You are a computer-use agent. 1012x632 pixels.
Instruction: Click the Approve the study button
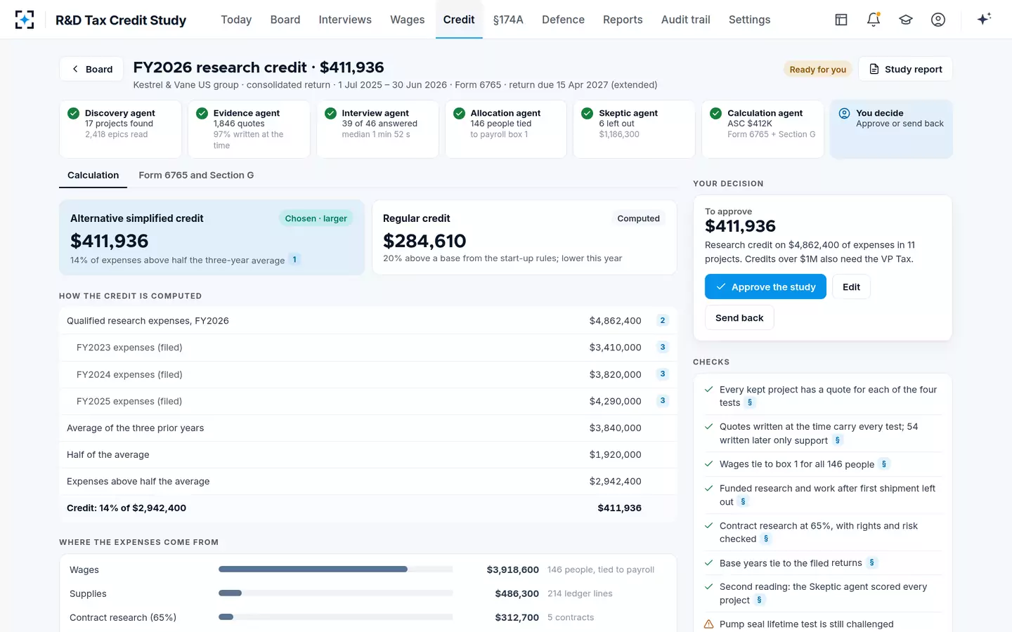coord(765,287)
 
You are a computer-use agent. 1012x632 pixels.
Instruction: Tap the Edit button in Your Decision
coord(851,287)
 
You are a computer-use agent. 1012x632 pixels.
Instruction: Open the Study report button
coord(905,69)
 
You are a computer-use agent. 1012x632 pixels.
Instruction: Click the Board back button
coord(91,69)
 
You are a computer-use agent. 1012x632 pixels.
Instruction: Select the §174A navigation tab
coord(508,20)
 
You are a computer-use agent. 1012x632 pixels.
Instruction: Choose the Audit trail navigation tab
coord(685,20)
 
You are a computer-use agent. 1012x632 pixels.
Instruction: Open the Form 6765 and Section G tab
coord(196,175)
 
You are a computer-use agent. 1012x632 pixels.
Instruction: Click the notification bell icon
coord(874,20)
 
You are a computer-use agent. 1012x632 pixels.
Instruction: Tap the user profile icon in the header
coord(938,20)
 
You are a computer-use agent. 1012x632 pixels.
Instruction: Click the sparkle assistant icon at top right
coord(984,19)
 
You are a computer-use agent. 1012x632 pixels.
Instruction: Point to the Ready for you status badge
coord(817,69)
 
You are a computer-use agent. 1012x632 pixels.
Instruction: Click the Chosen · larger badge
coord(316,218)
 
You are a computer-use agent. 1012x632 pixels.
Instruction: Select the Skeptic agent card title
coord(628,113)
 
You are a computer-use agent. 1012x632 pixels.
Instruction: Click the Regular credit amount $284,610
coord(424,241)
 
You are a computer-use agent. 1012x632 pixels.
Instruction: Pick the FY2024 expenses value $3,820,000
coord(615,374)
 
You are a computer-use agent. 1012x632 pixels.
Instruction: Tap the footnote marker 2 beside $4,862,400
coord(662,320)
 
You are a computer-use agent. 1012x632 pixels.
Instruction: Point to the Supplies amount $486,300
coord(517,593)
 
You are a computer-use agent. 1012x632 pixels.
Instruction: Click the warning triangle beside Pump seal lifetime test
coord(709,624)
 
